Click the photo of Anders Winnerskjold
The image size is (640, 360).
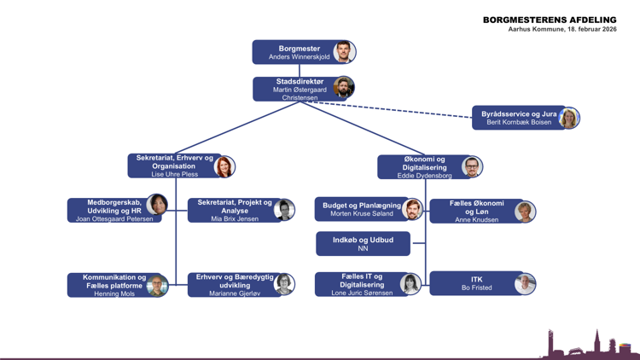click(x=344, y=52)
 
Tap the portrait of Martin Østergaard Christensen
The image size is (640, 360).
click(x=344, y=88)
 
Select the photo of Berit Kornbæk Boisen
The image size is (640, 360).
click(x=568, y=119)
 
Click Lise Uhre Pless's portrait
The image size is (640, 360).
click(x=224, y=166)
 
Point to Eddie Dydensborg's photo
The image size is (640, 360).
click(x=472, y=167)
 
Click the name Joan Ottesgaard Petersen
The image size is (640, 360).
click(x=113, y=219)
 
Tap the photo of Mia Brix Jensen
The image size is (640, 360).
click(x=284, y=210)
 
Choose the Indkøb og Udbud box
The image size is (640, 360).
click(x=363, y=244)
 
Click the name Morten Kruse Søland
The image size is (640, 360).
click(x=362, y=213)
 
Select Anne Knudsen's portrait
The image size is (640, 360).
click(x=525, y=212)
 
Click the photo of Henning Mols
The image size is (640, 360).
click(x=157, y=286)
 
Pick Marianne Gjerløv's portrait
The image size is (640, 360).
click(x=284, y=285)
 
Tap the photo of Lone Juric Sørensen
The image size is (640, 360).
click(x=410, y=284)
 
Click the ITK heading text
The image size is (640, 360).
click(x=476, y=279)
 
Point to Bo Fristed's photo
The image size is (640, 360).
click(x=525, y=284)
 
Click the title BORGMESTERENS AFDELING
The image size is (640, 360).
click(x=549, y=20)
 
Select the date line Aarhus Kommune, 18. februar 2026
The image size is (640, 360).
click(x=561, y=30)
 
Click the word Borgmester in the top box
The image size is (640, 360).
click(x=299, y=49)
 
